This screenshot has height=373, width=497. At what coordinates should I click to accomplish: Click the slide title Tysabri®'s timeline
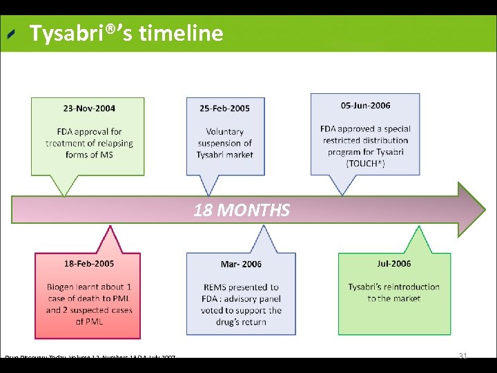(x=126, y=33)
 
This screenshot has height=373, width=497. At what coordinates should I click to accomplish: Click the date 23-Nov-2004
(x=89, y=108)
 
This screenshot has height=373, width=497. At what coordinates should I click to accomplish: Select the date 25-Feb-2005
(x=224, y=108)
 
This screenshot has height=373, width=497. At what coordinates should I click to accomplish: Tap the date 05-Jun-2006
(x=365, y=106)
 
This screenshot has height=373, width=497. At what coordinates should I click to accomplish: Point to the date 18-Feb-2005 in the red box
(x=89, y=264)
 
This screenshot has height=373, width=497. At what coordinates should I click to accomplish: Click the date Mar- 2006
(x=241, y=265)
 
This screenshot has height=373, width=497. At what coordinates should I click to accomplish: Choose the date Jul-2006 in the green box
(x=393, y=264)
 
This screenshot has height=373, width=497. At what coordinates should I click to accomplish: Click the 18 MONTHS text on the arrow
(x=242, y=211)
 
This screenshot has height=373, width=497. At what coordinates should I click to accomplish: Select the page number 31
(x=463, y=356)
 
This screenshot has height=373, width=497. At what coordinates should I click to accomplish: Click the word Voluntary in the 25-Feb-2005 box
(x=224, y=131)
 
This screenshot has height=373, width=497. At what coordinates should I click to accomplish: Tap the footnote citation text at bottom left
(x=90, y=357)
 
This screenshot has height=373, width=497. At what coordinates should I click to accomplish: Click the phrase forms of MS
(x=89, y=155)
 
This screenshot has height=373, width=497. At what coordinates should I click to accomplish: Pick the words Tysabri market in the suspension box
(x=224, y=155)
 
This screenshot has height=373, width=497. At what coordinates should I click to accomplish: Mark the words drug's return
(x=241, y=322)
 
